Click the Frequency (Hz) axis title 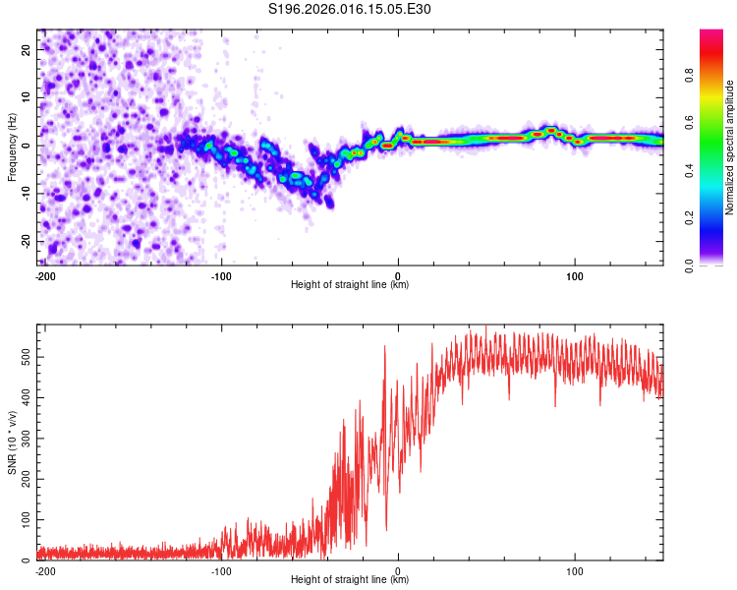[12, 147]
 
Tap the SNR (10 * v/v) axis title [12, 442]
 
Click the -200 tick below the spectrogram [43, 275]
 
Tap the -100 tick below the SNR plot [221, 570]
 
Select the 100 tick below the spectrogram [575, 275]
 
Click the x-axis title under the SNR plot [350, 580]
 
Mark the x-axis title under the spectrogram [350, 284]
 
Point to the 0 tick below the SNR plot [398, 570]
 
